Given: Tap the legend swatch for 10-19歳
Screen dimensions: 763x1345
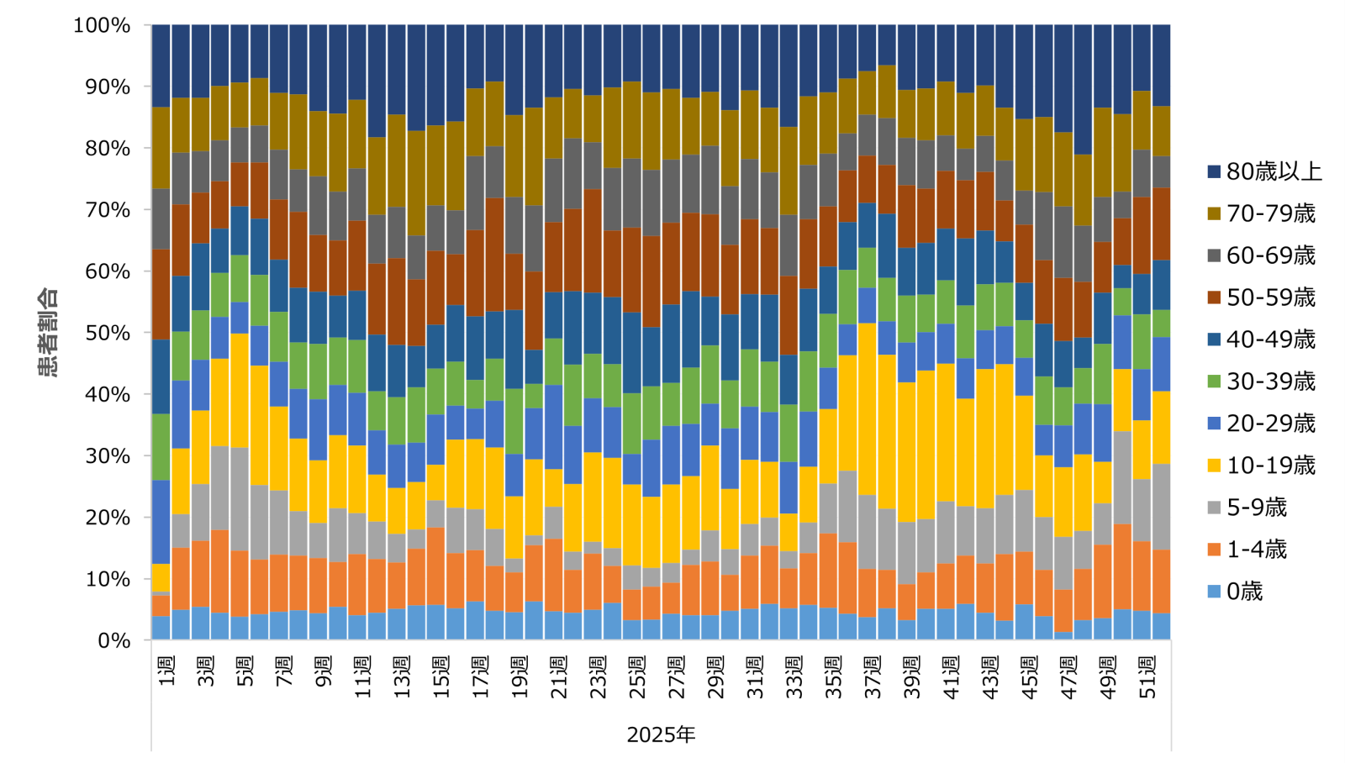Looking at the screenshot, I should (x=1214, y=466).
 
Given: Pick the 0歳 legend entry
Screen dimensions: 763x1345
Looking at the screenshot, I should (x=1244, y=592).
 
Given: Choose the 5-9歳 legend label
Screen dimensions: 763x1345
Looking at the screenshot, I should (x=1256, y=508).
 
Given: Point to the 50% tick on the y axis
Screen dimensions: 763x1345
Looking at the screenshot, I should (x=102, y=333).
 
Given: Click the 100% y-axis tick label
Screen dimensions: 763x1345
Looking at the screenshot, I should (x=102, y=25).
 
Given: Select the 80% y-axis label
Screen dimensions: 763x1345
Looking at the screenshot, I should (x=102, y=148).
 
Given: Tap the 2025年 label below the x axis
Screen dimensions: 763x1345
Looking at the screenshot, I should (x=661, y=734).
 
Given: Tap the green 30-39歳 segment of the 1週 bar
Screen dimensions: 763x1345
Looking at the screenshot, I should (x=161, y=447).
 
